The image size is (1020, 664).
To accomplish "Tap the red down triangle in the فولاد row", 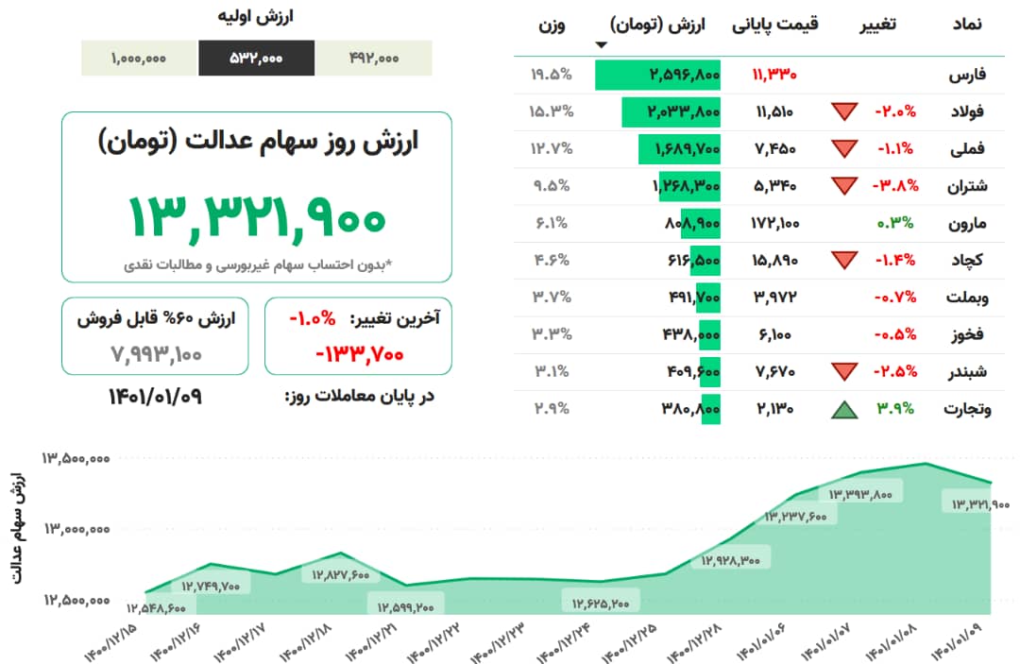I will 843,111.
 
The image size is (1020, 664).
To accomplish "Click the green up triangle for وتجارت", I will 843,410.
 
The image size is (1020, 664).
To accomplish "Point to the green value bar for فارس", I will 658,74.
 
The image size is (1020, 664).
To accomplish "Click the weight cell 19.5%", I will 552,74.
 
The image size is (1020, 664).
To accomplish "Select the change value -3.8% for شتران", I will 893,186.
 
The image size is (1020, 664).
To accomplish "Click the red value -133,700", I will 359,354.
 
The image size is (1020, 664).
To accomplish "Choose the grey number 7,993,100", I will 154,354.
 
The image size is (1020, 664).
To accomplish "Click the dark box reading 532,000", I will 256,59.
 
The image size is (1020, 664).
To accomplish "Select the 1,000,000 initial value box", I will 139,59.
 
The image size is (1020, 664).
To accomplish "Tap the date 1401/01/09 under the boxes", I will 155,396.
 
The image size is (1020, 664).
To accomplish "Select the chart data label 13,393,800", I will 860,493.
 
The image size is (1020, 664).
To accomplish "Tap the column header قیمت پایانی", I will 775,25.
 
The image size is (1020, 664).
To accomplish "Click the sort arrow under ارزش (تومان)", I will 601,45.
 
